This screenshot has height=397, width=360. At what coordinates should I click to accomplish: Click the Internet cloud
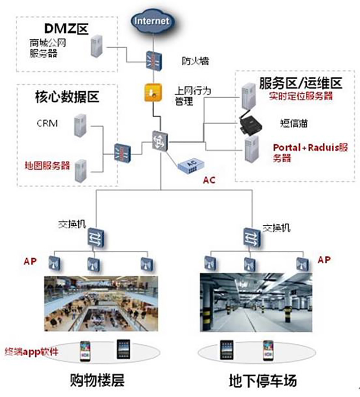[x=152, y=20]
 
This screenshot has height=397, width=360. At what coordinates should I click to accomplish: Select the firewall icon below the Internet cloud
[x=152, y=60]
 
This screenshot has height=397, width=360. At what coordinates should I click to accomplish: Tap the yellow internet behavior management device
[x=153, y=92]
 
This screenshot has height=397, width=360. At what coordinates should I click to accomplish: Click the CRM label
[x=47, y=123]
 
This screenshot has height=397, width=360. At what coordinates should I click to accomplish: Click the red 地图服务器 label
[x=47, y=165]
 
